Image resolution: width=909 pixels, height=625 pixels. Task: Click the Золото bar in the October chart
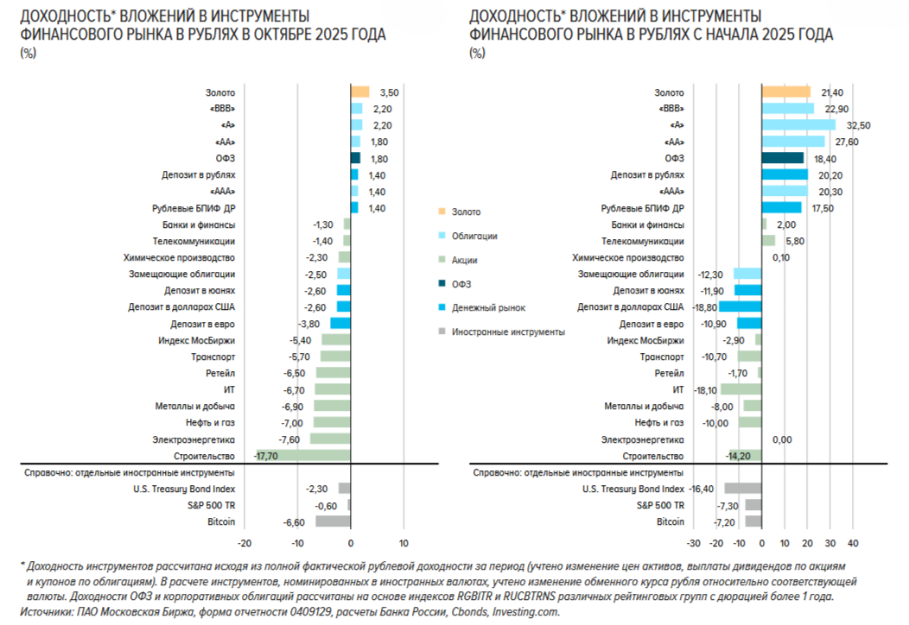click(359, 92)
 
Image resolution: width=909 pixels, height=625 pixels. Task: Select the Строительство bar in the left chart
click(302, 455)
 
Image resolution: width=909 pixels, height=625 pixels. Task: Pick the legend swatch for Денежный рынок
click(442, 307)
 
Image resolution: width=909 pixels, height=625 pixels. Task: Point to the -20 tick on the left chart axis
click(245, 543)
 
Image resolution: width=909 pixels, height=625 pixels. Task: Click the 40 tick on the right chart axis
click(852, 543)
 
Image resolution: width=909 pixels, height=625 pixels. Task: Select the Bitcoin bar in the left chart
click(333, 521)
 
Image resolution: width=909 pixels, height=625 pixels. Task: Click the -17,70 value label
click(266, 455)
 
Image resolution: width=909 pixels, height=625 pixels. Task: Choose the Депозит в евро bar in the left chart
click(340, 323)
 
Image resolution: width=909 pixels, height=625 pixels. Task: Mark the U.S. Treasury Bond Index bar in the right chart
click(742, 489)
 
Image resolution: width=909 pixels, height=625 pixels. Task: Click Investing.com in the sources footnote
click(526, 611)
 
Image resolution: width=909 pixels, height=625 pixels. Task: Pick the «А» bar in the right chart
click(798, 125)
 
